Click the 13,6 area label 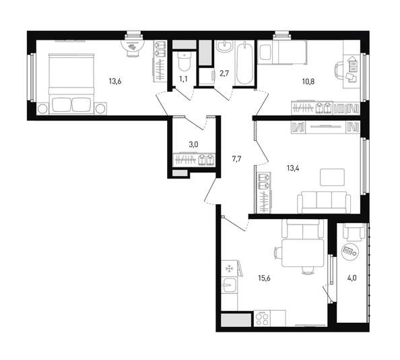[114, 82]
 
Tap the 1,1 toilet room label [183, 79]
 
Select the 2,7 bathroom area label [224, 73]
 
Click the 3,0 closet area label [193, 144]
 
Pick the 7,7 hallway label [236, 159]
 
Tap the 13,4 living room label [293, 168]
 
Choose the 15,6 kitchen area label [264, 278]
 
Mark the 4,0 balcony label [352, 278]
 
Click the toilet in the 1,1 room [184, 61]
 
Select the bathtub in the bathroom [244, 63]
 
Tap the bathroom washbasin [224, 46]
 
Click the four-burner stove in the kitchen [262, 318]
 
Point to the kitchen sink [229, 285]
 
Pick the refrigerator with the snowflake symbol [230, 268]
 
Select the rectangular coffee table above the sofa [333, 177]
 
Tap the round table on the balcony [349, 251]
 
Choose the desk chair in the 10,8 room [339, 71]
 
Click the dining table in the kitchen [302, 253]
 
